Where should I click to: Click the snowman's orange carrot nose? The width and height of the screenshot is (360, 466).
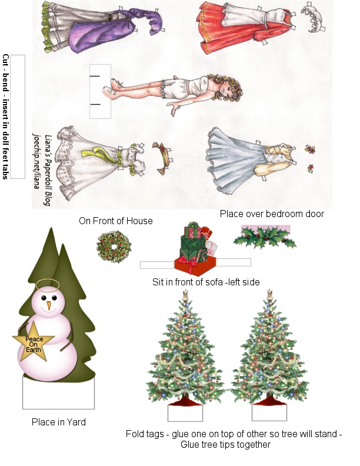pyautogui.click(x=49, y=305)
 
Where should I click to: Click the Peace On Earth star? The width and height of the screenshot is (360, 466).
pyautogui.click(x=34, y=341)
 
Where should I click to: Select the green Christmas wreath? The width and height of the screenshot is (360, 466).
pyautogui.click(x=114, y=247)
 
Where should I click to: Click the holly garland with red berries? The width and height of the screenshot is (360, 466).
pyautogui.click(x=265, y=237)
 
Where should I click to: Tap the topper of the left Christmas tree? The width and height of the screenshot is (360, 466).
pyautogui.click(x=185, y=295)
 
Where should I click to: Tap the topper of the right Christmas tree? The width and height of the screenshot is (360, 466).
pyautogui.click(x=269, y=295)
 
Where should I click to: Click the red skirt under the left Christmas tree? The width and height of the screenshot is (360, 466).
pyautogui.click(x=185, y=401)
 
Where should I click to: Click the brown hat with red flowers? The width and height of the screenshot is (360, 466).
pyautogui.click(x=162, y=158)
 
